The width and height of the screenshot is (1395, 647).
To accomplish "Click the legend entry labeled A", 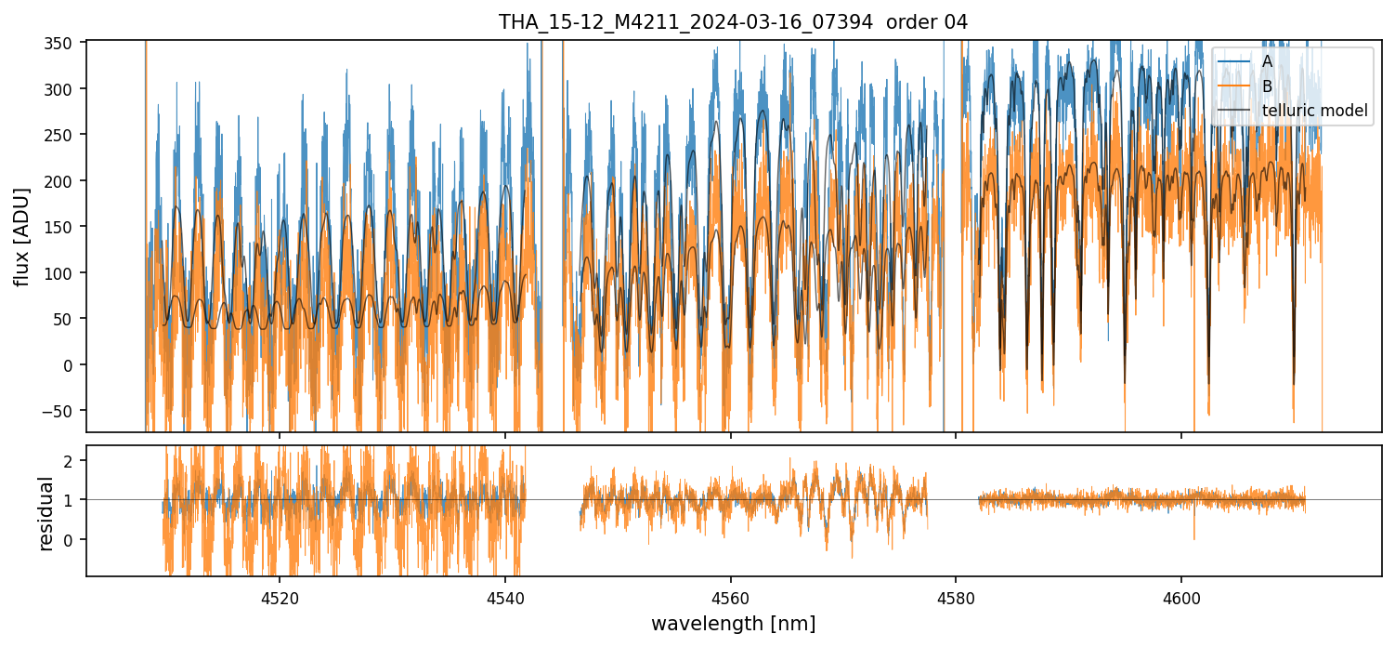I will pyautogui.click(x=1267, y=61).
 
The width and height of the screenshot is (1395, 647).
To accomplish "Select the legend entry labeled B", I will pyautogui.click(x=1267, y=86).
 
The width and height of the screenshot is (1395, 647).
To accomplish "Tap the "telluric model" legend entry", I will pyautogui.click(x=1314, y=111).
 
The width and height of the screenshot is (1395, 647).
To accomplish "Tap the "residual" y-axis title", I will pyautogui.click(x=46, y=513).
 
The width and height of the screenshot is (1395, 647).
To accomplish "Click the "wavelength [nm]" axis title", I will pyautogui.click(x=733, y=624).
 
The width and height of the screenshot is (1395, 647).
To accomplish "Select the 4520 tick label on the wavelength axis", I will pyautogui.click(x=280, y=597).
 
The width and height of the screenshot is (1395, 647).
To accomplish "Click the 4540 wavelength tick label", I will pyautogui.click(x=505, y=597).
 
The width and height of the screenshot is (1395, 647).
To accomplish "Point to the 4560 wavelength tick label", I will pyautogui.click(x=731, y=597).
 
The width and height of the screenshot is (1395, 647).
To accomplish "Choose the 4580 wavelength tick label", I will pyautogui.click(x=957, y=597).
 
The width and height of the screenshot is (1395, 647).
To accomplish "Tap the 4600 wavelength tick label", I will pyautogui.click(x=1181, y=597).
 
